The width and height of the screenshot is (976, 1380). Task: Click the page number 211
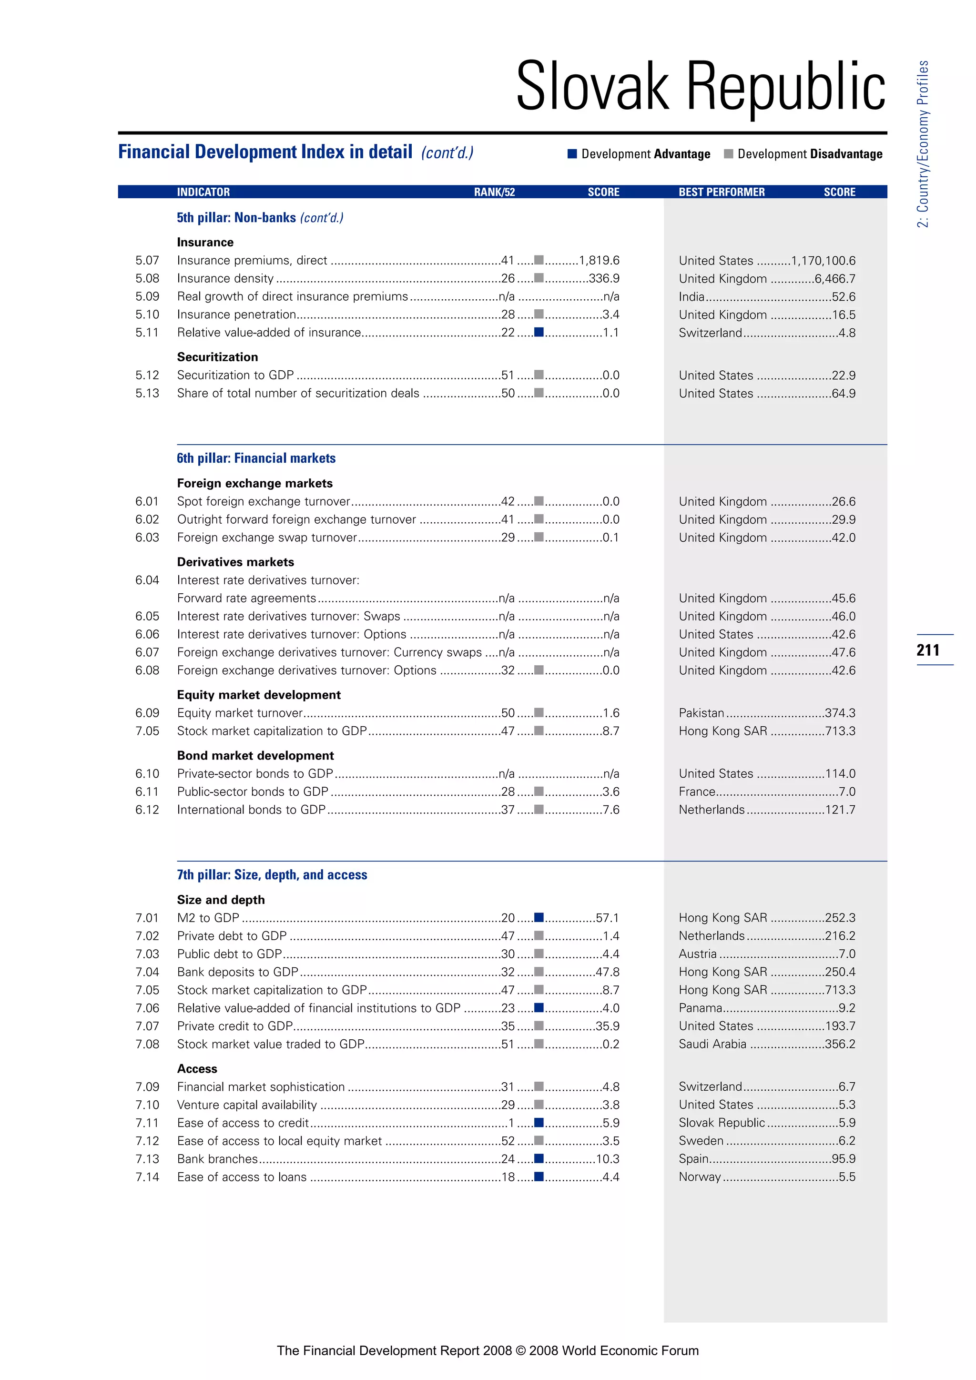point(928,649)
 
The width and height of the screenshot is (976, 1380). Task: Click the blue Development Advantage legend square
point(572,154)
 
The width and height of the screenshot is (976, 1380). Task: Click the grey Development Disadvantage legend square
point(728,154)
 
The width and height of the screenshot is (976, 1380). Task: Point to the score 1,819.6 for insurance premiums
point(599,260)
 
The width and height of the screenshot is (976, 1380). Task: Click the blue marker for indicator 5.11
point(539,332)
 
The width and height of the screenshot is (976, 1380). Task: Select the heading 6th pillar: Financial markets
point(256,458)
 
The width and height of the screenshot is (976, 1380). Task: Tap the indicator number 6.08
point(147,670)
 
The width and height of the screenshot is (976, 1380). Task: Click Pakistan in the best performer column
point(701,713)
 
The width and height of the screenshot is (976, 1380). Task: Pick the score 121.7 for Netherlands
point(840,810)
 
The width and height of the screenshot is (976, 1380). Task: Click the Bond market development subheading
point(255,755)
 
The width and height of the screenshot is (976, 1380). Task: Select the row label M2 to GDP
point(208,918)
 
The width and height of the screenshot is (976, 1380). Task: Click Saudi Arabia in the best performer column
point(712,1044)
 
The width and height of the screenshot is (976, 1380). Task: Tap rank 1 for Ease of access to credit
point(511,1123)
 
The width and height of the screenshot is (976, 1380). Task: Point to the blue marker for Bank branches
point(539,1158)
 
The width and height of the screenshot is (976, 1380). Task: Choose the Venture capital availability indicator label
point(246,1105)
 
